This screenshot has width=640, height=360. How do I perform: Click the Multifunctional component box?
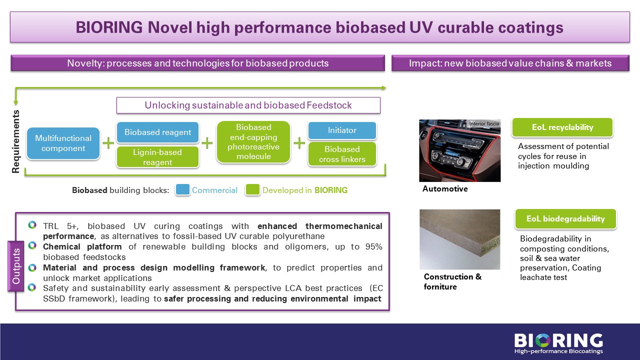coord(63,143)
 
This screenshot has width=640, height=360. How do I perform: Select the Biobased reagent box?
coord(157,132)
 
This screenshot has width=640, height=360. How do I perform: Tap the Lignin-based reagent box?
coord(157,157)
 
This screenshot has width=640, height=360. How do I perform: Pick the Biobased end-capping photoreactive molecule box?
coord(253,141)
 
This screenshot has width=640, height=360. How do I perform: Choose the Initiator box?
coord(342,130)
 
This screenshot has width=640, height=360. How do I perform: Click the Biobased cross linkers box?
coord(342,154)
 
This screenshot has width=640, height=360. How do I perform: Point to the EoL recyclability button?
coord(562,127)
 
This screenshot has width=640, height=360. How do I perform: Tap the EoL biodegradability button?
coord(565,218)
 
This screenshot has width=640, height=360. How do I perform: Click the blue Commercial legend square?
coord(182,189)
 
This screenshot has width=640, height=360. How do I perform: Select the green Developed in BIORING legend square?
coord(252,189)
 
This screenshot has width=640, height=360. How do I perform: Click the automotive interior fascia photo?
coord(459,150)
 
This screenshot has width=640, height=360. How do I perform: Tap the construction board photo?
coord(459,239)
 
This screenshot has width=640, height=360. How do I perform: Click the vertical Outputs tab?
coord(16,266)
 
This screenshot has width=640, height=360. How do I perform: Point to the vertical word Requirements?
coord(15,141)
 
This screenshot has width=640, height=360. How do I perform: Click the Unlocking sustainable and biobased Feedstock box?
coord(248,105)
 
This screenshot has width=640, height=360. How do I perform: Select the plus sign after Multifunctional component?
coord(108,143)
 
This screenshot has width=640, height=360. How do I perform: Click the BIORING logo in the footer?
coord(558,343)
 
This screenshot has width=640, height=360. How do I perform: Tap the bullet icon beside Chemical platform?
coord(32,245)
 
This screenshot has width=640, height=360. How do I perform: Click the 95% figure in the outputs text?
coord(373,246)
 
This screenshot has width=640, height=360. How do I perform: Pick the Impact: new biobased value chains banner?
coord(510,63)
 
